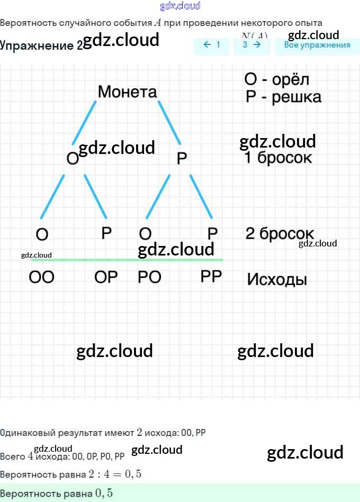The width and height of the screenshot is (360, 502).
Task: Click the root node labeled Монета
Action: click(128, 92)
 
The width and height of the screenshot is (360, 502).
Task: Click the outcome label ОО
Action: click(41, 277)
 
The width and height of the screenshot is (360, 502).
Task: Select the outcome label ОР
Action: click(106, 277)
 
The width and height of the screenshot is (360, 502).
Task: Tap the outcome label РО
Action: click(149, 277)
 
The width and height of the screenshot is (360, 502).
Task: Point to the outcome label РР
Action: click(211, 276)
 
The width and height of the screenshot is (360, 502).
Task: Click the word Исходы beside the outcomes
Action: click(277, 279)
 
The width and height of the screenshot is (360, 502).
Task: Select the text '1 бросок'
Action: click(278, 158)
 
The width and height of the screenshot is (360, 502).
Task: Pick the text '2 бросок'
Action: click(280, 233)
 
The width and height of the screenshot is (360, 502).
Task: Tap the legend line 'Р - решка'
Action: click(283, 97)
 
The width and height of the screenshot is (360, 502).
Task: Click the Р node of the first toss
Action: click(182, 158)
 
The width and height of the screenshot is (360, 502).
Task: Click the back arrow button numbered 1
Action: click(212, 45)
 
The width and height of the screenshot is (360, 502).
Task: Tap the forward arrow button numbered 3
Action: click(251, 45)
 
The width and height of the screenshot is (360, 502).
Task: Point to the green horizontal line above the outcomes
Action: click(127, 260)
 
